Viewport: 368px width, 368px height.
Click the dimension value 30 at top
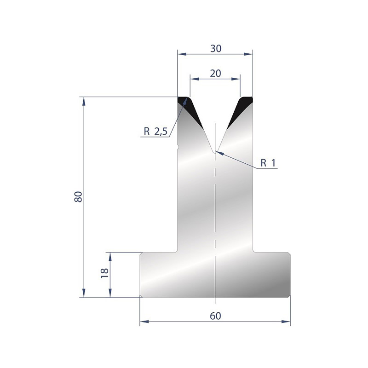click(x=215, y=49)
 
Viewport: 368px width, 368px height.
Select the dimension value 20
click(x=215, y=74)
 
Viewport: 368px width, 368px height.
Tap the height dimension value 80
click(x=78, y=197)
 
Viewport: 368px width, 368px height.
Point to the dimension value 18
click(x=104, y=273)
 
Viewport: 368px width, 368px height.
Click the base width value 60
click(x=215, y=316)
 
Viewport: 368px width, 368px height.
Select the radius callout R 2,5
click(x=155, y=132)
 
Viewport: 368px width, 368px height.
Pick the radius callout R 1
click(x=268, y=163)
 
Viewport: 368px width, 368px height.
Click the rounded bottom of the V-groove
click(x=215, y=152)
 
